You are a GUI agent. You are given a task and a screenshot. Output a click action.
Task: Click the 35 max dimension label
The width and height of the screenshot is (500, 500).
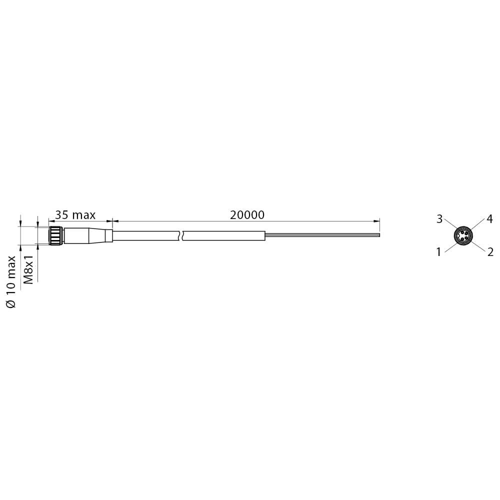[75, 215]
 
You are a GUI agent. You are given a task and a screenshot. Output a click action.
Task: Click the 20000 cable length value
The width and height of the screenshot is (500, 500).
[247, 215]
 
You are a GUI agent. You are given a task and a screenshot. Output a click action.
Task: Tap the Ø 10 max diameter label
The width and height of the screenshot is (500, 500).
[11, 281]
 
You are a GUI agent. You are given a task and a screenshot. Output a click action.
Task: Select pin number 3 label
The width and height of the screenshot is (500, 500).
[439, 219]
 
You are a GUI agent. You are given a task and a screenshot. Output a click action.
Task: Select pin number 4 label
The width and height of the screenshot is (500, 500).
[489, 219]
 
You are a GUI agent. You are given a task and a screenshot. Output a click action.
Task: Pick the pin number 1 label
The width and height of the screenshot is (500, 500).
[439, 252]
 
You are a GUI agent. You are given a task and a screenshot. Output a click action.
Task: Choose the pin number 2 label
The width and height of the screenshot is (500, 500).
[490, 252]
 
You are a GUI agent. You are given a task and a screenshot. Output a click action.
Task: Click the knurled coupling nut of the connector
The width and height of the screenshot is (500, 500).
[56, 236]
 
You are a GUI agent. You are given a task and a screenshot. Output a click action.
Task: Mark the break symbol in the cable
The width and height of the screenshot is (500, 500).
[180, 235]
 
